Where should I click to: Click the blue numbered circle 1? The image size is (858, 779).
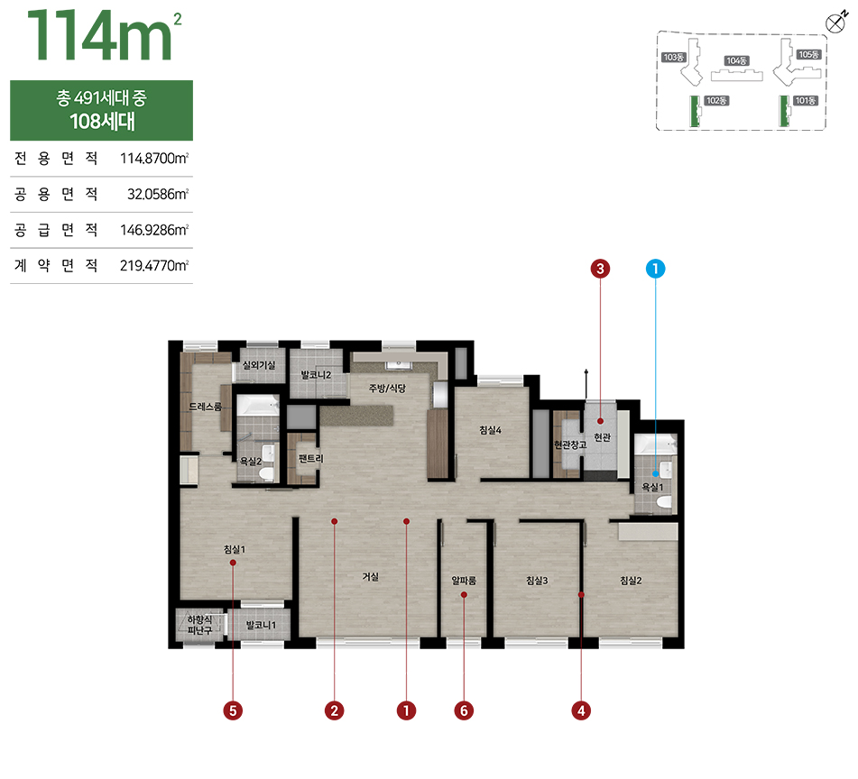point(655,269)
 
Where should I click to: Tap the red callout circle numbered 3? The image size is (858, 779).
point(600,269)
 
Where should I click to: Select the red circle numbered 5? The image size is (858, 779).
point(233,710)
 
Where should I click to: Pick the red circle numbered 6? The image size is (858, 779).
point(464,710)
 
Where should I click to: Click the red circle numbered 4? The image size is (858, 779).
point(581,710)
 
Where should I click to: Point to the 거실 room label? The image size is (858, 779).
point(371,577)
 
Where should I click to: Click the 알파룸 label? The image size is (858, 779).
point(464,581)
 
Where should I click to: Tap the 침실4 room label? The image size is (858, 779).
point(490,430)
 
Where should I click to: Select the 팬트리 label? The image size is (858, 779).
point(310,458)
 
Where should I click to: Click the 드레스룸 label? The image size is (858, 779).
point(206,407)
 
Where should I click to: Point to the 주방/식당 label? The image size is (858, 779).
point(387,388)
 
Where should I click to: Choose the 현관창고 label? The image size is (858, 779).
point(570,445)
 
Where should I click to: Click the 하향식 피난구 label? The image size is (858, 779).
point(199,626)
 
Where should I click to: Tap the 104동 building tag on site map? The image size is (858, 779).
point(736,60)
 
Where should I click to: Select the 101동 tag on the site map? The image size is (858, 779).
point(806,101)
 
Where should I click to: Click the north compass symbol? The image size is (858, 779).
point(835,23)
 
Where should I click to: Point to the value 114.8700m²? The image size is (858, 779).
point(154,159)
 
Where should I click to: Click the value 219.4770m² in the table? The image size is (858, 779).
point(154,266)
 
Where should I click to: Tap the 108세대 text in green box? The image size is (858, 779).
point(102,122)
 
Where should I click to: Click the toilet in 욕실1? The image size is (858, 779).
point(664,503)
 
